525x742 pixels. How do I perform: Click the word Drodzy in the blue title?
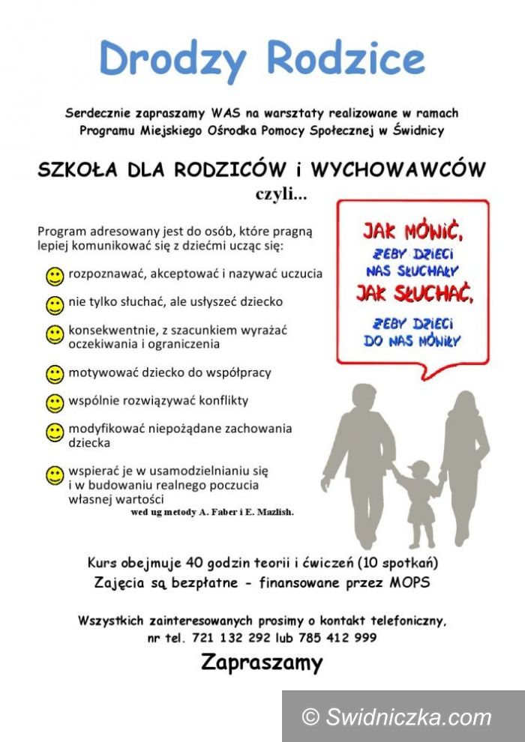pyautogui.click(x=173, y=58)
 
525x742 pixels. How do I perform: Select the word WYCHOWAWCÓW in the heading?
pyautogui.click(x=397, y=169)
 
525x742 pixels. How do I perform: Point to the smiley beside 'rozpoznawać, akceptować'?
pyautogui.click(x=55, y=277)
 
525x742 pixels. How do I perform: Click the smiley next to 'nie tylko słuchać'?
pyautogui.click(x=55, y=305)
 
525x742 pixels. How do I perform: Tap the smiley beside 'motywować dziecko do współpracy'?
pyautogui.click(x=55, y=374)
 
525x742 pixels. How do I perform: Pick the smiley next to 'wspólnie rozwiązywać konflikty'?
pyautogui.click(x=55, y=403)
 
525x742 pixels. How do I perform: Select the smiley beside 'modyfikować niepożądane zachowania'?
pyautogui.click(x=55, y=432)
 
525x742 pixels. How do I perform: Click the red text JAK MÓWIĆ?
pyautogui.click(x=412, y=227)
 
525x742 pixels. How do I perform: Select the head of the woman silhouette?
pyautogui.click(x=463, y=408)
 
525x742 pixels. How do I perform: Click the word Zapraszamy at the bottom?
pyautogui.click(x=262, y=663)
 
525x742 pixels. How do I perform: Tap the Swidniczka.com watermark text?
pyautogui.click(x=407, y=717)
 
